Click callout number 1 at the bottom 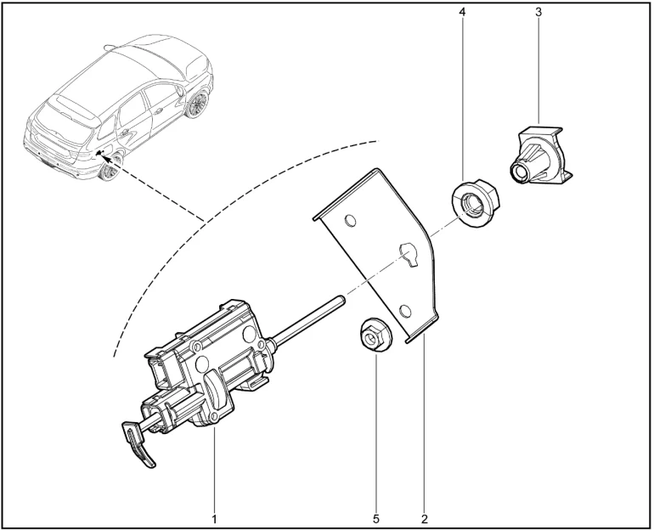point(214,519)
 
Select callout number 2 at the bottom point(425,519)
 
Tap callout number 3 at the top point(538,12)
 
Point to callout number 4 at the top point(462,12)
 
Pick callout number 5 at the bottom point(376,519)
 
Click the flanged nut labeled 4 point(476,203)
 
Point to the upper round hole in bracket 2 point(350,221)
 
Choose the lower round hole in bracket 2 point(404,311)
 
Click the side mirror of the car point(180,91)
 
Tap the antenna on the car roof point(110,47)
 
